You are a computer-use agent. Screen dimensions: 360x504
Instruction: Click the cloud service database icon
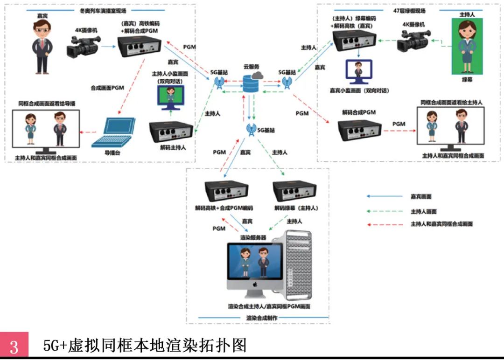[252, 85]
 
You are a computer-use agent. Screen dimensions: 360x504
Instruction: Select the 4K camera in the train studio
[84, 47]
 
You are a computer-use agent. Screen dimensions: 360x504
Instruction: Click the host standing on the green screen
[467, 44]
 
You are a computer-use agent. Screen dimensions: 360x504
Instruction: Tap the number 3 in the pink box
[14, 346]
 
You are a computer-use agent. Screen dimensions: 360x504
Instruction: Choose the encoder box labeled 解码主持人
[171, 132]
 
